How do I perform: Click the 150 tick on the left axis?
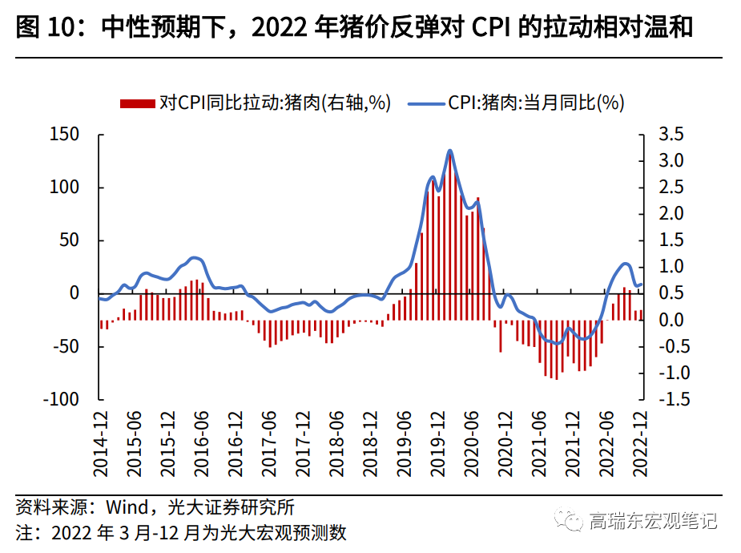pyautogui.click(x=65, y=135)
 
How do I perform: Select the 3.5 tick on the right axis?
pyautogui.click(x=671, y=135)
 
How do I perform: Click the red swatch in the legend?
pyautogui.click(x=137, y=103)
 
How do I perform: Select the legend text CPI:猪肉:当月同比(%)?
pyautogui.click(x=536, y=103)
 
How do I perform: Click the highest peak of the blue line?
pyautogui.click(x=449, y=151)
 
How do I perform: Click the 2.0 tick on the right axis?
pyautogui.click(x=671, y=214)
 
